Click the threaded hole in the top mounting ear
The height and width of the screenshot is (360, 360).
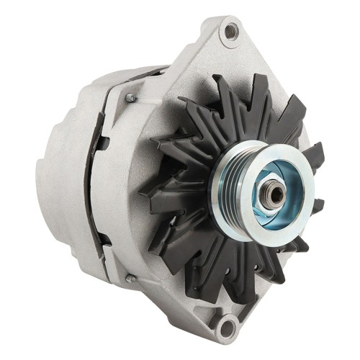[x=230, y=30]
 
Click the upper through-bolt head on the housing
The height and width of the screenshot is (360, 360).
[x=130, y=97]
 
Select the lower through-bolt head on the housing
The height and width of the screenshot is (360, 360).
[x=130, y=278]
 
